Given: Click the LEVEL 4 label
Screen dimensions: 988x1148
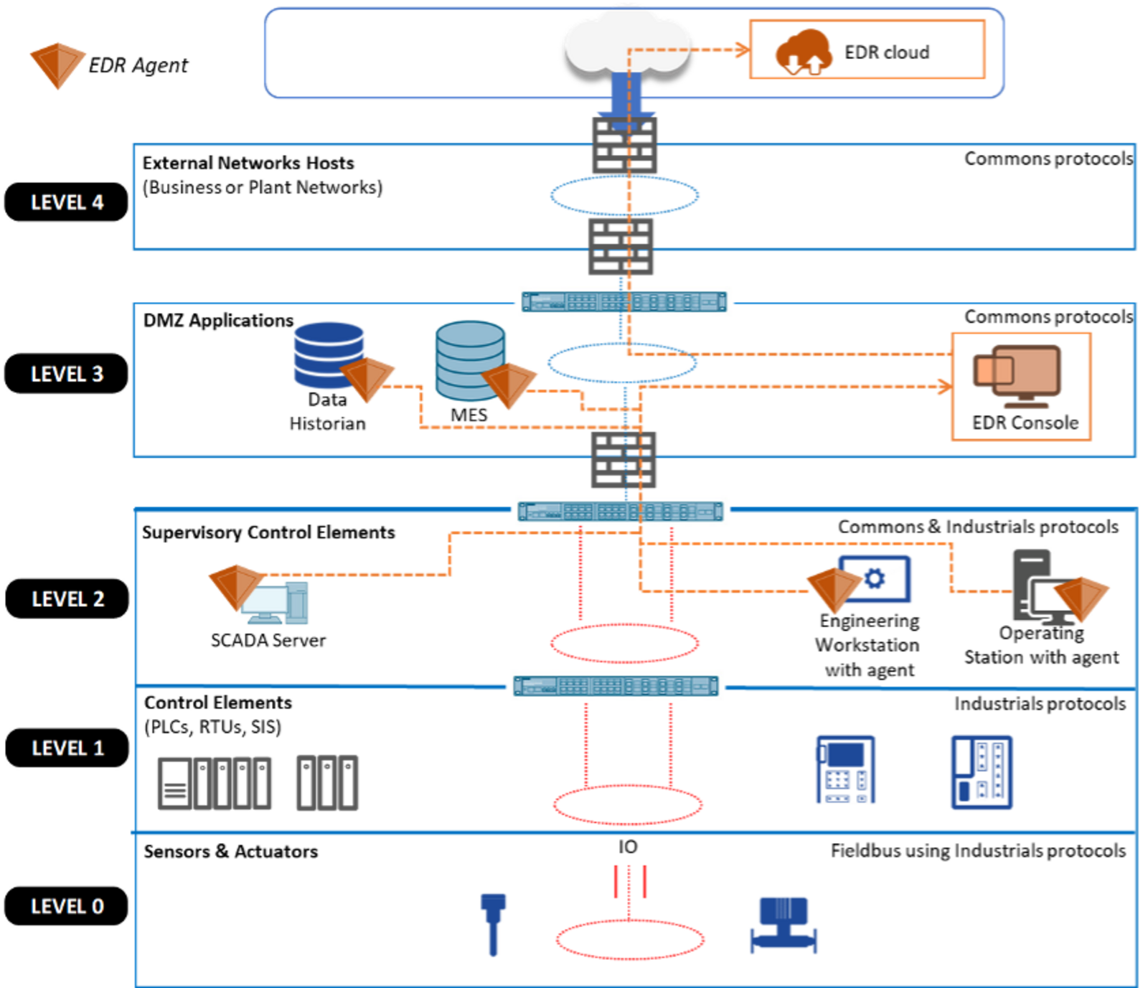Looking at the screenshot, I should point(67,202).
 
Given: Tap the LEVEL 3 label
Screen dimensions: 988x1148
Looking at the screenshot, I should point(67,374).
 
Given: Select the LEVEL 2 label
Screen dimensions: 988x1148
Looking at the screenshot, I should point(67,598).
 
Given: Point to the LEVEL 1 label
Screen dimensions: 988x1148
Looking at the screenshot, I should point(67,748).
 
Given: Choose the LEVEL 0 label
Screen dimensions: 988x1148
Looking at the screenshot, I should point(67,906).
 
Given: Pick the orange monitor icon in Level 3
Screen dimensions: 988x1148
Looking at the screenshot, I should point(1017,375).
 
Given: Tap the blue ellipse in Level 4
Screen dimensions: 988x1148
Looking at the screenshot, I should point(624,196).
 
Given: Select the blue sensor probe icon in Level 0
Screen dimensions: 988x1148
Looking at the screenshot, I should point(493,923).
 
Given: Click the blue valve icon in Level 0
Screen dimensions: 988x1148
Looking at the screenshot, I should point(784,926).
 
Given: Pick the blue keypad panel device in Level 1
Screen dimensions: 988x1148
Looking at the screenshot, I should point(844,770).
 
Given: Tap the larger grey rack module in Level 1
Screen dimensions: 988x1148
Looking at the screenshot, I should point(215,783).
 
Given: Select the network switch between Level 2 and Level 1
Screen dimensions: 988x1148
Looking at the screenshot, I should point(616,685).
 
